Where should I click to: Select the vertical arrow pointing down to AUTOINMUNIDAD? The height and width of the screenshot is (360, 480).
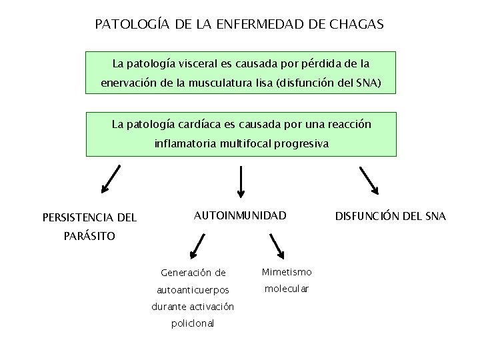pos(241,181)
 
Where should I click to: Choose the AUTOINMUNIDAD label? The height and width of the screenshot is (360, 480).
pos(239,215)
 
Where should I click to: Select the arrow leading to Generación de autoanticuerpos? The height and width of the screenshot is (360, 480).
pos(199,245)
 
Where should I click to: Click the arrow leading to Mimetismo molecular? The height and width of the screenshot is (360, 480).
pos(276,245)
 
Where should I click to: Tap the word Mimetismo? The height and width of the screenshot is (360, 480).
pos(287,272)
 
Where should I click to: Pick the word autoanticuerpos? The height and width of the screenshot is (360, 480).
pos(192,290)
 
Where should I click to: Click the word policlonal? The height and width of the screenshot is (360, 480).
pos(192,323)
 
